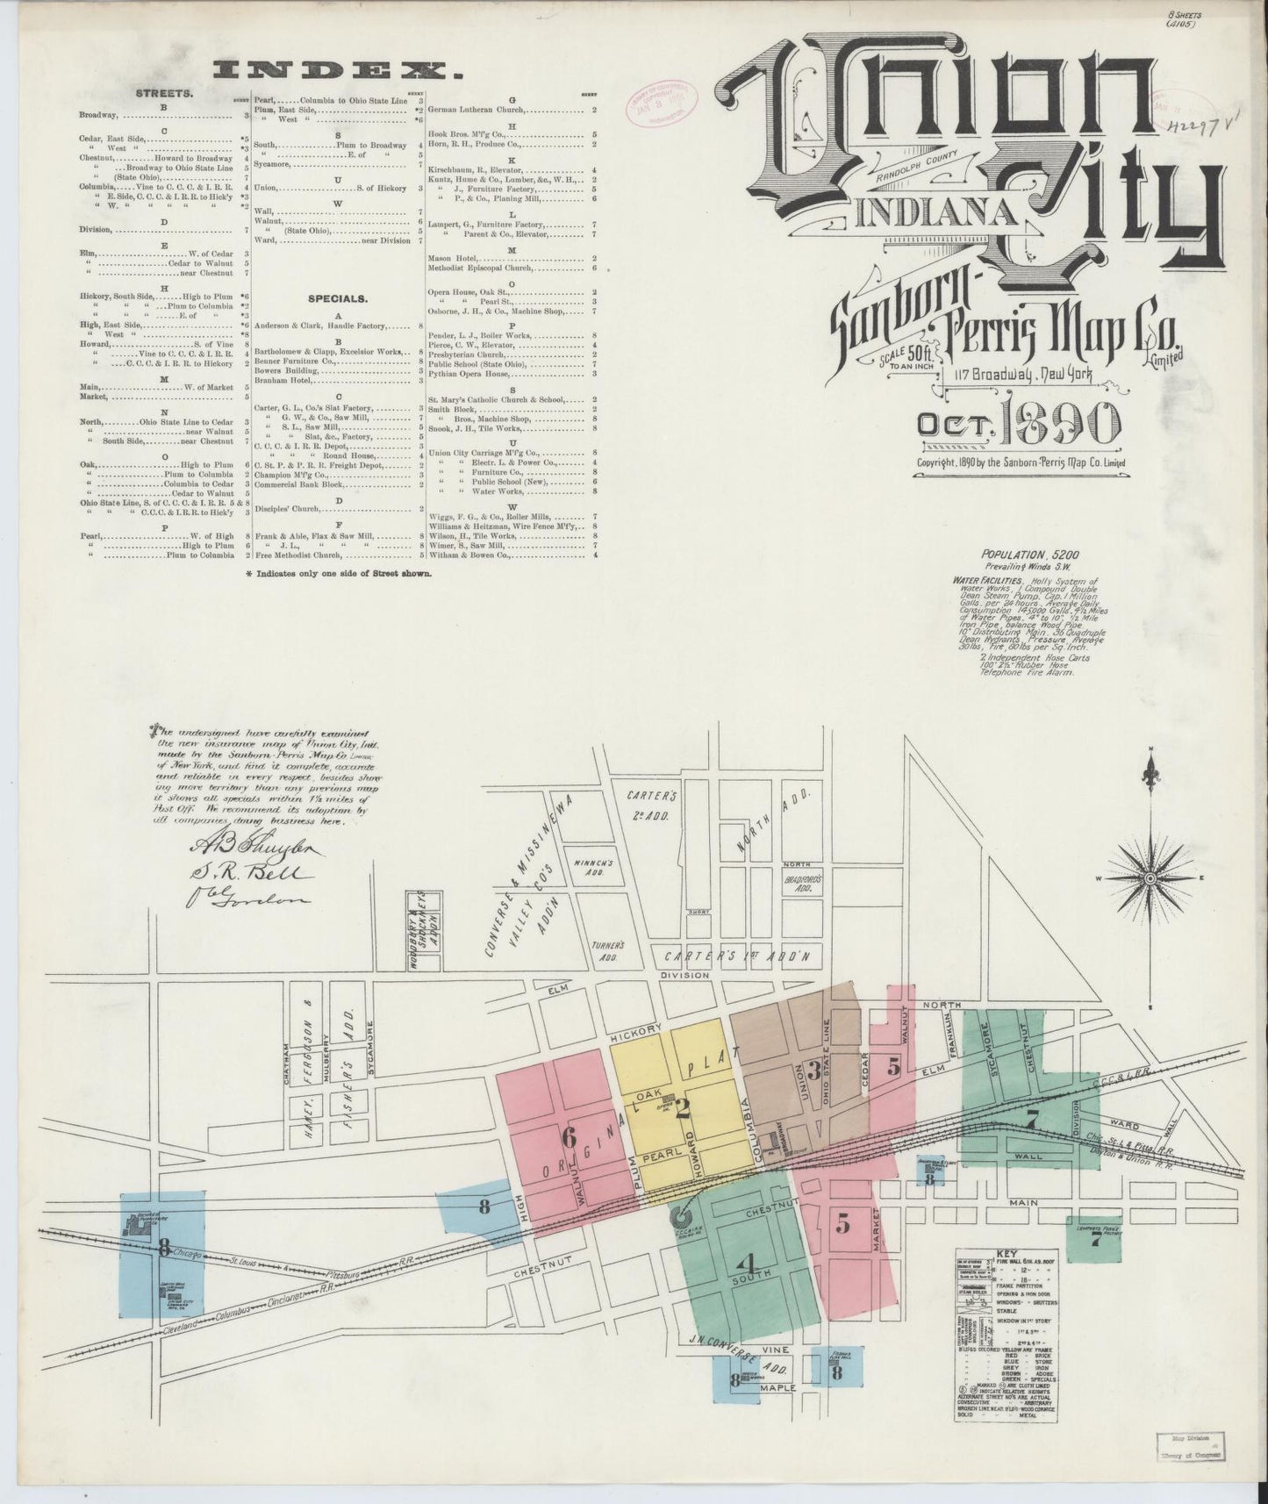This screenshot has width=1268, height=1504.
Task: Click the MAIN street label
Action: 1023,1202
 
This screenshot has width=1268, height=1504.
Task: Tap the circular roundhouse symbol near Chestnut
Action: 681,1217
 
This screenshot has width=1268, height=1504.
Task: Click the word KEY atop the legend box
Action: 1006,1254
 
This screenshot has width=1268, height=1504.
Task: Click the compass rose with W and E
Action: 1150,877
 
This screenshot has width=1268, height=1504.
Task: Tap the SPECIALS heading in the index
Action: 337,299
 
